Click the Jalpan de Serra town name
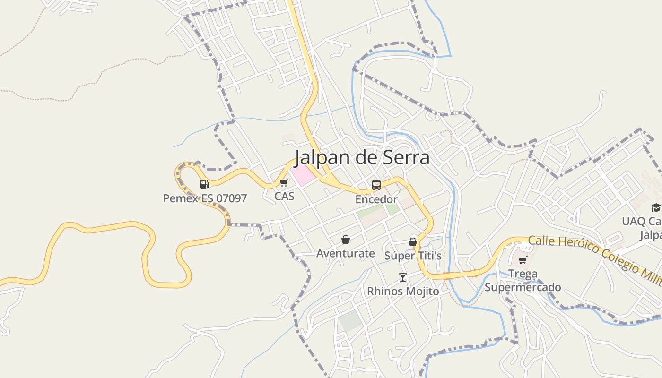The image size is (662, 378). pyautogui.click(x=362, y=157)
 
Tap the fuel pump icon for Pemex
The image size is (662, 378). pyautogui.click(x=204, y=184)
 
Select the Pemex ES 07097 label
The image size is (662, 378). pyautogui.click(x=205, y=198)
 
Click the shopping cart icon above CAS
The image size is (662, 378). pyautogui.click(x=284, y=183)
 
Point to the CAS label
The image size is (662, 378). pyautogui.click(x=284, y=196)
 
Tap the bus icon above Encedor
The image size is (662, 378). pyautogui.click(x=376, y=185)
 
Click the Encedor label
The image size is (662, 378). pyautogui.click(x=376, y=199)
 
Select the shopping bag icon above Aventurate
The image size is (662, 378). pyautogui.click(x=346, y=240)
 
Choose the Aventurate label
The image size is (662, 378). pyautogui.click(x=345, y=254)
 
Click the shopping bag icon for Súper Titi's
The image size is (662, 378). pyautogui.click(x=413, y=242)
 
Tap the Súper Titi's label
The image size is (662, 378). pyautogui.click(x=413, y=256)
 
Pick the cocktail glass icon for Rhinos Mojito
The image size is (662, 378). pyautogui.click(x=403, y=277)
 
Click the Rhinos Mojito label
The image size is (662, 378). pyautogui.click(x=403, y=292)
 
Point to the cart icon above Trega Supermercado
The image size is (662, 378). pyautogui.click(x=523, y=260)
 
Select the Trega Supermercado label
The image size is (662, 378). pyautogui.click(x=523, y=281)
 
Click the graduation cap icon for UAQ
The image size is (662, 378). pyautogui.click(x=655, y=207)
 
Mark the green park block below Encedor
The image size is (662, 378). pyautogui.click(x=392, y=209)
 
